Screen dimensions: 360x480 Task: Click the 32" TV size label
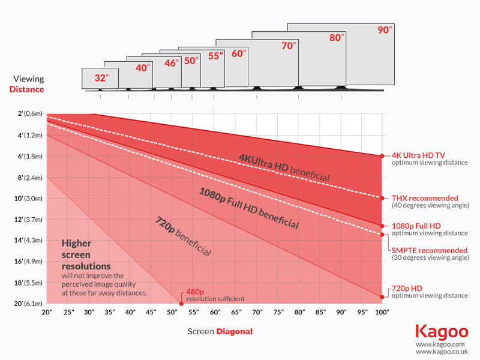pos(100,78)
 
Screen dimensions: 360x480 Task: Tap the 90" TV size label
pos(383,31)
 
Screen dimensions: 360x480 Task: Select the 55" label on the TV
pos(215,56)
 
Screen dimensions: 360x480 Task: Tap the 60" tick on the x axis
pos(215,313)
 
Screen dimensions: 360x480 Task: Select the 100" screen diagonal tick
pos(382,313)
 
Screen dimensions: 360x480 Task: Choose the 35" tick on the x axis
pos(110,313)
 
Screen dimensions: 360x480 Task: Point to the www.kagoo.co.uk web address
pos(440,352)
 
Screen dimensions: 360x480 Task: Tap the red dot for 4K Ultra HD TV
pos(382,156)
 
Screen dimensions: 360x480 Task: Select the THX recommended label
pos(424,198)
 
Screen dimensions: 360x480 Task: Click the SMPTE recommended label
pos(429,250)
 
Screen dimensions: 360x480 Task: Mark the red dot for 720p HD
pos(382,296)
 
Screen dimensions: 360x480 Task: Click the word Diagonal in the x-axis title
pos(235,331)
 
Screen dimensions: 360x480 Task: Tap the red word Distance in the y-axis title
pos(26,89)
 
